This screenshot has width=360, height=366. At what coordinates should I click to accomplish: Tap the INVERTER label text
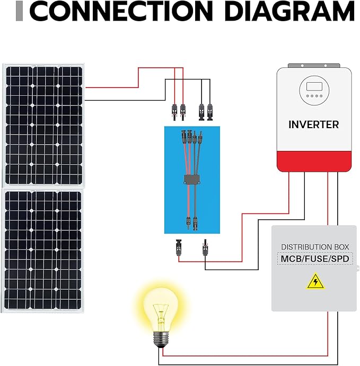[x=313, y=125]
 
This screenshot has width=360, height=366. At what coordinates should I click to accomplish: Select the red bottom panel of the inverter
[x=314, y=160]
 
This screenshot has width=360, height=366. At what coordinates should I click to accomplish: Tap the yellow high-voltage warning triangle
[x=315, y=281]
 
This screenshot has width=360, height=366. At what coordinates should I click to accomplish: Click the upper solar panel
[x=43, y=124]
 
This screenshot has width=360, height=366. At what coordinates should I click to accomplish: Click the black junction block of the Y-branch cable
[x=191, y=178]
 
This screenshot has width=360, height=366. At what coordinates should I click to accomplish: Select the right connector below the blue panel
[x=204, y=247]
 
